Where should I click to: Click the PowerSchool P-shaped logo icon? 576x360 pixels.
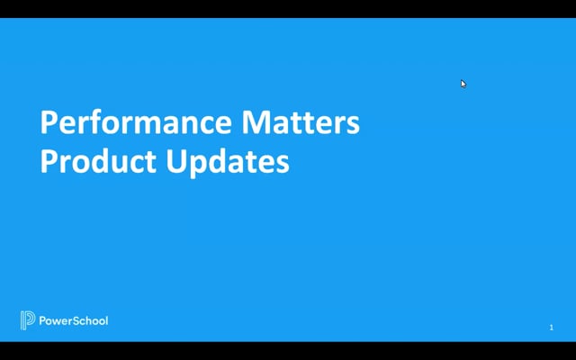(x=27, y=320)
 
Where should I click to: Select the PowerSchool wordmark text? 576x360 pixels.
(x=73, y=320)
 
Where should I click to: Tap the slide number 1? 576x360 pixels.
(x=551, y=328)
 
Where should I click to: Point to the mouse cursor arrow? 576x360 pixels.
(x=463, y=84)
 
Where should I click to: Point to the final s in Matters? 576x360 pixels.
(x=353, y=124)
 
